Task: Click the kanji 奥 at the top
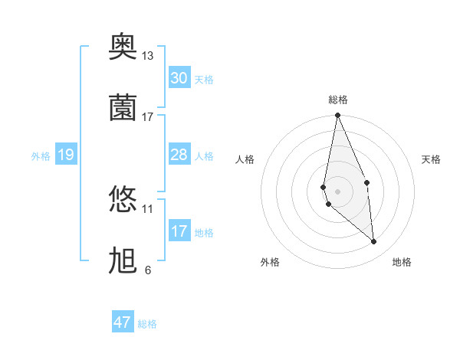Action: [123, 48]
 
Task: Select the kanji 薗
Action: [123, 108]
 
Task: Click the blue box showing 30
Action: [179, 78]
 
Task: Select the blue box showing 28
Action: [179, 155]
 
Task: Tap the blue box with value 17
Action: [179, 231]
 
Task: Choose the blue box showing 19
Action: [65, 155]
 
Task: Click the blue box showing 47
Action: [123, 322]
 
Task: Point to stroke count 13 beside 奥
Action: [147, 56]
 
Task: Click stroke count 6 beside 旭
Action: [147, 270]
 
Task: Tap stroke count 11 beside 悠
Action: [147, 208]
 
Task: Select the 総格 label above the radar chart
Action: [338, 100]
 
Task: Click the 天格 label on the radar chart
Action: [432, 159]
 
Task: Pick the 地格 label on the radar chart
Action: [402, 262]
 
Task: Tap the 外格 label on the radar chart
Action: [270, 262]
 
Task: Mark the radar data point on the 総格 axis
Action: [337, 116]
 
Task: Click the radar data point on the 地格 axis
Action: [373, 241]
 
